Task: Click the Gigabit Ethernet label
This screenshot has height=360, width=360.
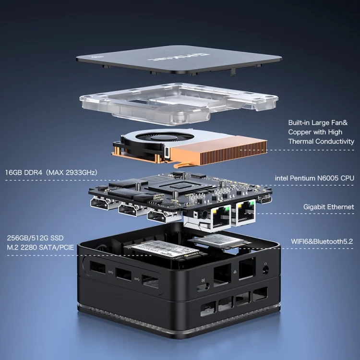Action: [328, 207]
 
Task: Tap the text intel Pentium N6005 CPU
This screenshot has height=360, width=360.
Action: [314, 178]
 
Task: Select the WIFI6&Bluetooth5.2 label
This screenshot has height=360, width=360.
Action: [322, 241]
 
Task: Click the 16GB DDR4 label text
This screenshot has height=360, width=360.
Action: [24, 172]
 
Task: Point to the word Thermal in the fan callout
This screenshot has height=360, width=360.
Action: [302, 142]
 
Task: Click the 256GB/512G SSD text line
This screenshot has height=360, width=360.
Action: [35, 238]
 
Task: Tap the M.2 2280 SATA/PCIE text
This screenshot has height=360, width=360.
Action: [40, 247]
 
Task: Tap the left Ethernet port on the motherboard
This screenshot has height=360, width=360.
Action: [221, 217]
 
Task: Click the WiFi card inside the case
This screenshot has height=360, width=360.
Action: [216, 240]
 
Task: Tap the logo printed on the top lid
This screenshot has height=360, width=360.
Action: [178, 57]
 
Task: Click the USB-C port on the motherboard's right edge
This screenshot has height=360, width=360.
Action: [266, 200]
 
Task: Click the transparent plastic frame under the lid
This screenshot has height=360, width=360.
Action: [179, 103]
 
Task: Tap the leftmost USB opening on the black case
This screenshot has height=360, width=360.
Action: [97, 267]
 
